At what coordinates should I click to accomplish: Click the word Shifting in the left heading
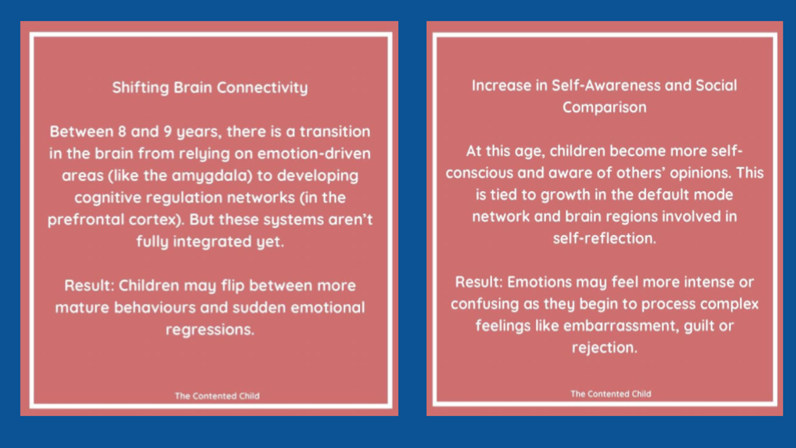pyautogui.click(x=141, y=88)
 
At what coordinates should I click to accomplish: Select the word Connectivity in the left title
pyautogui.click(x=262, y=88)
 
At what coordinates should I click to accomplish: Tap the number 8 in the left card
pyautogui.click(x=122, y=131)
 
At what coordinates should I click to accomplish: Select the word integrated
pyautogui.click(x=212, y=242)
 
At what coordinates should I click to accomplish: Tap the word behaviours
pyautogui.click(x=155, y=307)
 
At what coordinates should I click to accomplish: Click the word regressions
pyautogui.click(x=210, y=330)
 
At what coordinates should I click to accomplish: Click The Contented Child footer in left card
pyautogui.click(x=217, y=396)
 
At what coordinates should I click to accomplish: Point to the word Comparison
pyautogui.click(x=604, y=108)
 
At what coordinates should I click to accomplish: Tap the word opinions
pyautogui.click(x=700, y=173)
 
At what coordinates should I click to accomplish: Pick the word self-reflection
pyautogui.click(x=604, y=238)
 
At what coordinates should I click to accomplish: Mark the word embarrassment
pyautogui.click(x=621, y=326)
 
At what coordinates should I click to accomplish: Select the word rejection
pyautogui.click(x=604, y=348)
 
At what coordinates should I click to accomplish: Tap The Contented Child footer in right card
pyautogui.click(x=611, y=394)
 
